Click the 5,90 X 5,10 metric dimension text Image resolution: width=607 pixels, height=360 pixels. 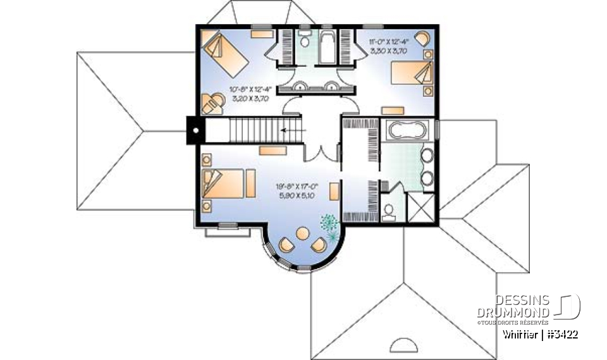point(296,196)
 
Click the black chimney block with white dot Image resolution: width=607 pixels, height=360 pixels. point(195,131)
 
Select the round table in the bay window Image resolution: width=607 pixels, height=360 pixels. point(303,235)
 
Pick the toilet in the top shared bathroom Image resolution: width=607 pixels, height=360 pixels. point(304,42)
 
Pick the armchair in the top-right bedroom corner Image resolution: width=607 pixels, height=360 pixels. point(422,37)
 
